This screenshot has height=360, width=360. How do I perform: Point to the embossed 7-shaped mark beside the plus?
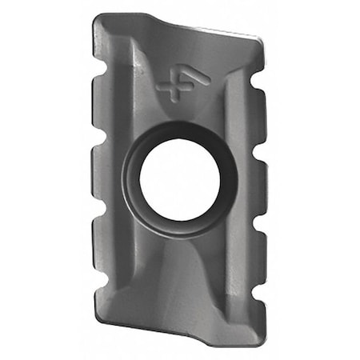click(x=197, y=81)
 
